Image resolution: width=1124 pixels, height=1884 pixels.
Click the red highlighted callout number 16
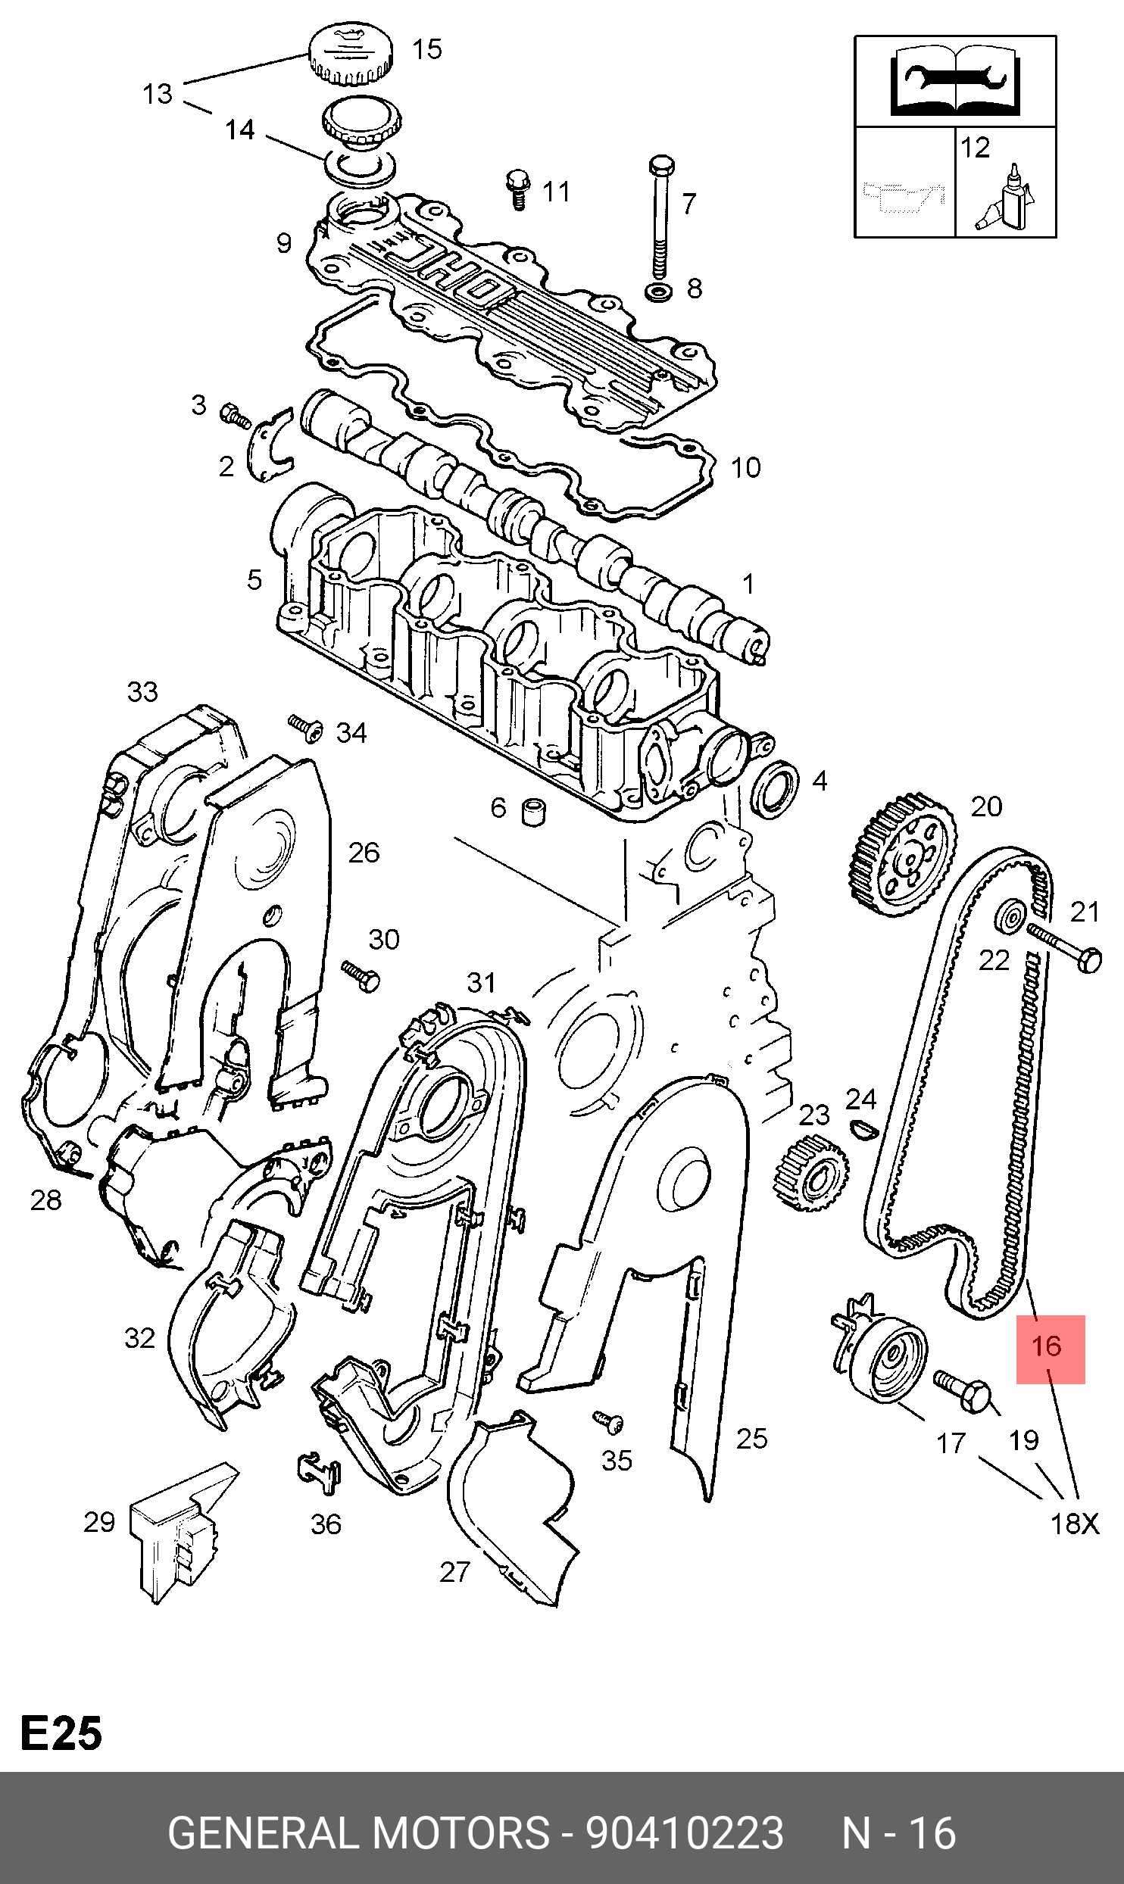coord(1049,1349)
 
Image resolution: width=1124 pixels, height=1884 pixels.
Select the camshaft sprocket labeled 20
coord(902,856)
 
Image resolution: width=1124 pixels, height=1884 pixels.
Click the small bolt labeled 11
coord(518,188)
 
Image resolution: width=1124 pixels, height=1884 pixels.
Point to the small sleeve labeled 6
coord(534,811)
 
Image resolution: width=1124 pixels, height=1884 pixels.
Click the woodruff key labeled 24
coord(863,1129)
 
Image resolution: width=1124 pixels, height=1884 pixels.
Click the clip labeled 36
coord(318,1473)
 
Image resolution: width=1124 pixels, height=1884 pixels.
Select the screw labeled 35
coord(608,1422)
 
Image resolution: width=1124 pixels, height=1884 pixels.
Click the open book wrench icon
coord(954,80)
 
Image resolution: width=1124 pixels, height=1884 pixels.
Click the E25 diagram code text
coord(61,1734)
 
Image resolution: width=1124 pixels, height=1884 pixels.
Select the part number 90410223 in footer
coord(685,1832)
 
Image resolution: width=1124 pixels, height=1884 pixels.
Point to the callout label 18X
coord(1074,1524)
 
